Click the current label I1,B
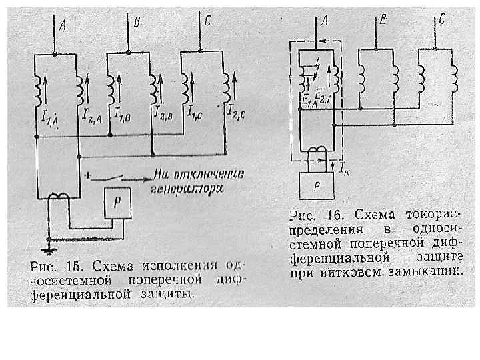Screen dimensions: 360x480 click(x=123, y=117)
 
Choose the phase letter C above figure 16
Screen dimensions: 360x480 click(x=442, y=21)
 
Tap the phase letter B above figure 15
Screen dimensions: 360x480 click(x=137, y=23)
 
